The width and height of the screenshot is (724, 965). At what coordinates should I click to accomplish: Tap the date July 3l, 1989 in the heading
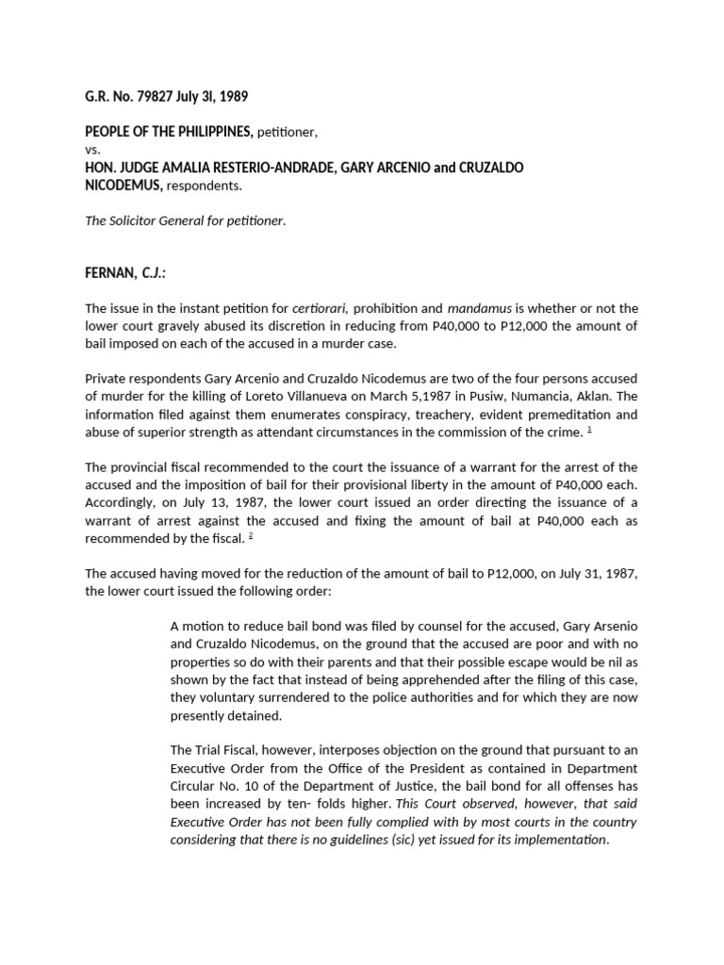coord(219,97)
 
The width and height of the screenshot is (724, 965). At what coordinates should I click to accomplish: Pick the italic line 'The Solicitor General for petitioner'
coord(185,221)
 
